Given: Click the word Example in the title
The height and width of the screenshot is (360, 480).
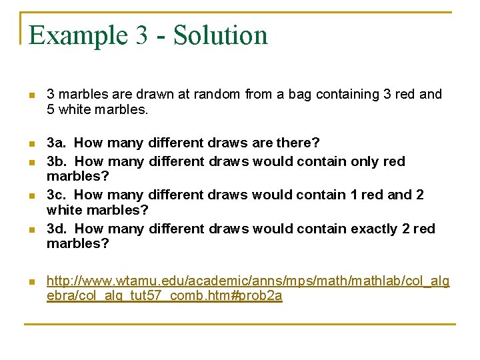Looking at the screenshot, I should (77, 35).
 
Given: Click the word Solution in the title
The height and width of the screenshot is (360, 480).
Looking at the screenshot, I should (221, 35).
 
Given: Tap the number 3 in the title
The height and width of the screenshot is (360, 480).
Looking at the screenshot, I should (141, 35).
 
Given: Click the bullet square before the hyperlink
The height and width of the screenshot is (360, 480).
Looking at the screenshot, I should (30, 283).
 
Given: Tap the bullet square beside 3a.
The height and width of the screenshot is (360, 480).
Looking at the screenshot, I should (30, 144).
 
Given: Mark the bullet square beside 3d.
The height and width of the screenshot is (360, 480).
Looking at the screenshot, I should (30, 230).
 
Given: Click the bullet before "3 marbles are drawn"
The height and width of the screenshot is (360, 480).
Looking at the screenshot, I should (30, 95).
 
